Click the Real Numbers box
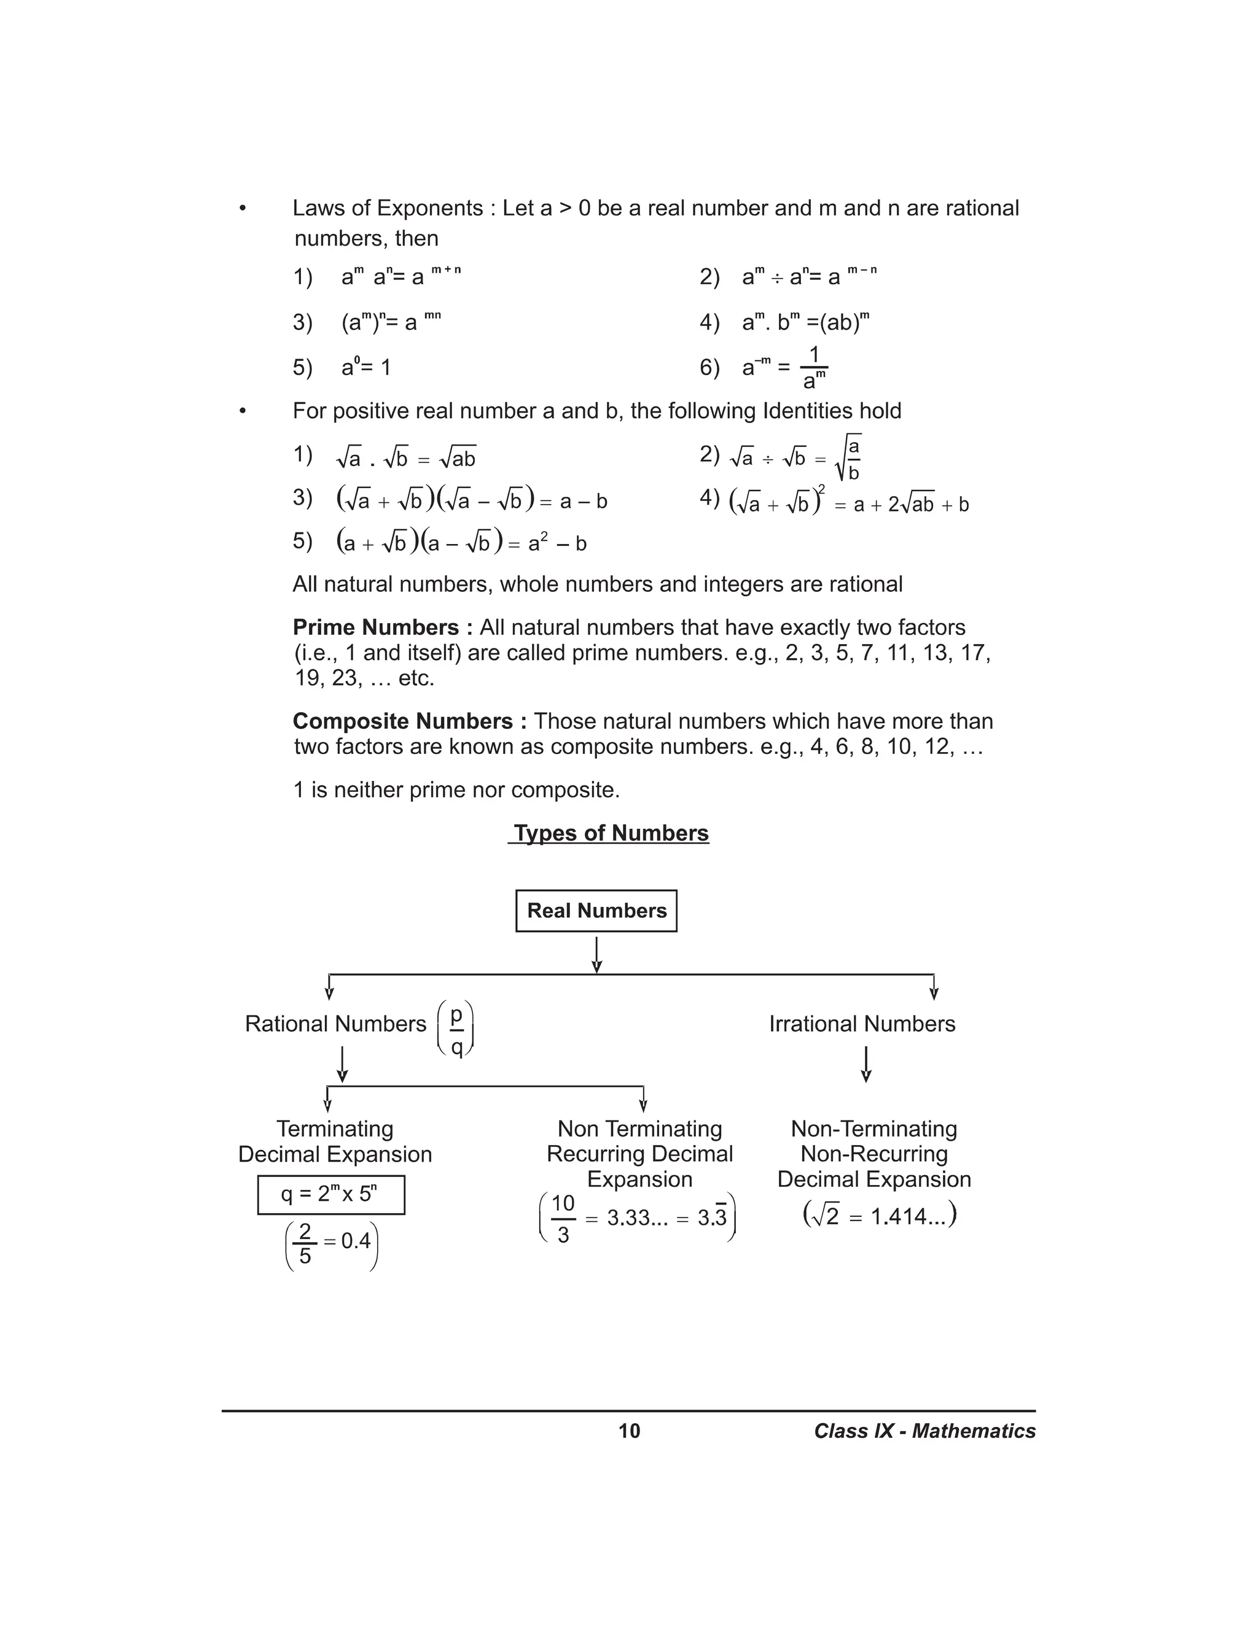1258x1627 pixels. [x=596, y=911]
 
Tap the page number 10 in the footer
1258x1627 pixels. [x=629, y=1431]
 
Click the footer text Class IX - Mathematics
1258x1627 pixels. [x=924, y=1431]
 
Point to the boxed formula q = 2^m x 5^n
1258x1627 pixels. [x=331, y=1195]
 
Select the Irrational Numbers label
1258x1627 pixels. [x=862, y=1023]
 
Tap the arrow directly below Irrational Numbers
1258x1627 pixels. [x=865, y=1064]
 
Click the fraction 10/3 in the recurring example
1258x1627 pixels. [x=563, y=1219]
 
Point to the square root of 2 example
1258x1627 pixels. [x=880, y=1216]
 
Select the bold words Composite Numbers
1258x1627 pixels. [x=410, y=721]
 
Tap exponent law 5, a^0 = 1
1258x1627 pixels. [x=365, y=367]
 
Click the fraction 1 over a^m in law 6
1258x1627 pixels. [x=814, y=368]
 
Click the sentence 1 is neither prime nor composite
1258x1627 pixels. [x=456, y=790]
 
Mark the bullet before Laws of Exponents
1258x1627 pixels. [x=242, y=209]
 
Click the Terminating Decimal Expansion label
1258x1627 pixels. [x=335, y=1141]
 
